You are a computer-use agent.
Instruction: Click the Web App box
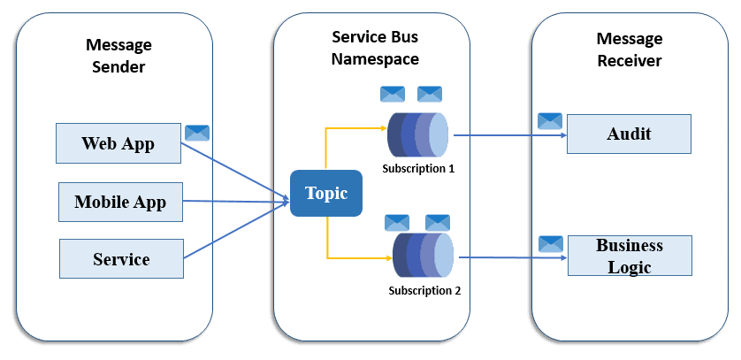tap(118, 143)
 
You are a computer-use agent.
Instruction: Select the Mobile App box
tap(120, 202)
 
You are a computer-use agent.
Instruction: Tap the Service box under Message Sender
tap(120, 258)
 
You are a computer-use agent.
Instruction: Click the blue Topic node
tap(326, 194)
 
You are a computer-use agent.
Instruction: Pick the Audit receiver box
tap(628, 134)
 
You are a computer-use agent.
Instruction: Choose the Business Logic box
tap(628, 256)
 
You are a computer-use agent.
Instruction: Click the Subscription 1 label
tap(417, 167)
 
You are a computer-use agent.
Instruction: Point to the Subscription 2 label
tap(424, 289)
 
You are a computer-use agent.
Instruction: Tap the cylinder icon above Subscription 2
tap(423, 257)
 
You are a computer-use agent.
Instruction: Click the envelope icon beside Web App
tap(197, 134)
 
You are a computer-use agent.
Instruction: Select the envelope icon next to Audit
tap(550, 121)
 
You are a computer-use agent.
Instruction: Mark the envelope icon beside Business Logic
tap(551, 243)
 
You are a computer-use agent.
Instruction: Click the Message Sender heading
tap(118, 55)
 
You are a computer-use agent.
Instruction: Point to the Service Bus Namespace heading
tap(374, 48)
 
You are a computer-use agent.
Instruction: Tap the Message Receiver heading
tap(629, 50)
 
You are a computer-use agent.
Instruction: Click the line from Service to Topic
tap(234, 232)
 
